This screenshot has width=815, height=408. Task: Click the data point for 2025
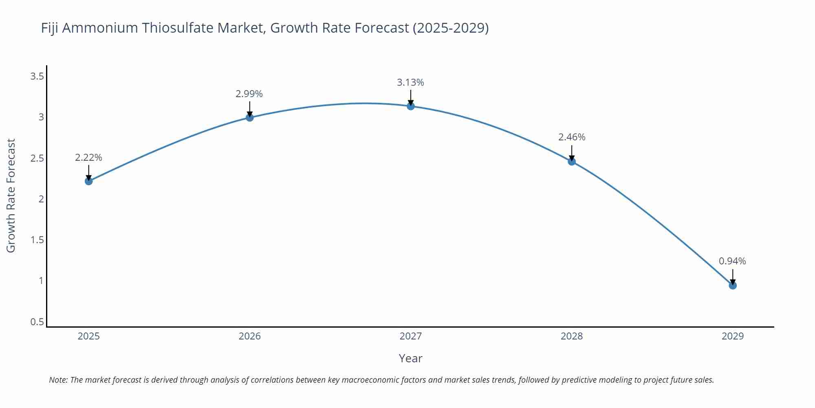(x=89, y=181)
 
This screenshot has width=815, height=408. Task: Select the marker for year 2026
(x=250, y=118)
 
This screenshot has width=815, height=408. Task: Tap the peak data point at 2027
(x=411, y=106)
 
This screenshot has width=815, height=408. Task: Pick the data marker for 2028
(x=572, y=161)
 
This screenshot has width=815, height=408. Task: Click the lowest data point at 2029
(x=733, y=285)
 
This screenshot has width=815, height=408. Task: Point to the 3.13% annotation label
(x=410, y=82)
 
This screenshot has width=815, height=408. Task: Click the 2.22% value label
(x=88, y=157)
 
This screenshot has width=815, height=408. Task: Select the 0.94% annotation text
(x=732, y=261)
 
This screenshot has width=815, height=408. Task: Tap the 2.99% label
(x=249, y=94)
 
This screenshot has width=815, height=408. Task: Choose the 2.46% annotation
(x=572, y=137)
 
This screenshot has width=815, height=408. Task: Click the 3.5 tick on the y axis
(x=37, y=76)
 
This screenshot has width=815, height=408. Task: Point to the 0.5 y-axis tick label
(x=37, y=322)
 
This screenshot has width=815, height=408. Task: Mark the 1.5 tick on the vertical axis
(x=37, y=240)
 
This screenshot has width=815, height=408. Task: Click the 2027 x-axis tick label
(x=411, y=336)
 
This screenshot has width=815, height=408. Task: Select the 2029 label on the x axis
(x=733, y=336)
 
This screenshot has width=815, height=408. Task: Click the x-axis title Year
(x=410, y=358)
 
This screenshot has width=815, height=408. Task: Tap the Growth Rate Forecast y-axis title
(x=11, y=196)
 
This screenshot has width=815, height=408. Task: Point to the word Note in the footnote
(x=58, y=380)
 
